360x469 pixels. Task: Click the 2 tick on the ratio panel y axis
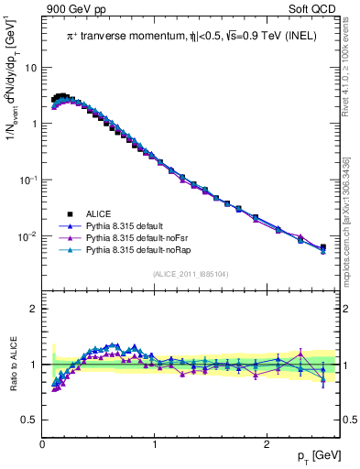tap(33, 309)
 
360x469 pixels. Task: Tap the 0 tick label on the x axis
tap(42, 444)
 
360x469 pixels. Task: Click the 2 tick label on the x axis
tap(266, 444)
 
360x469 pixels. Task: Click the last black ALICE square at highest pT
tap(322, 247)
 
